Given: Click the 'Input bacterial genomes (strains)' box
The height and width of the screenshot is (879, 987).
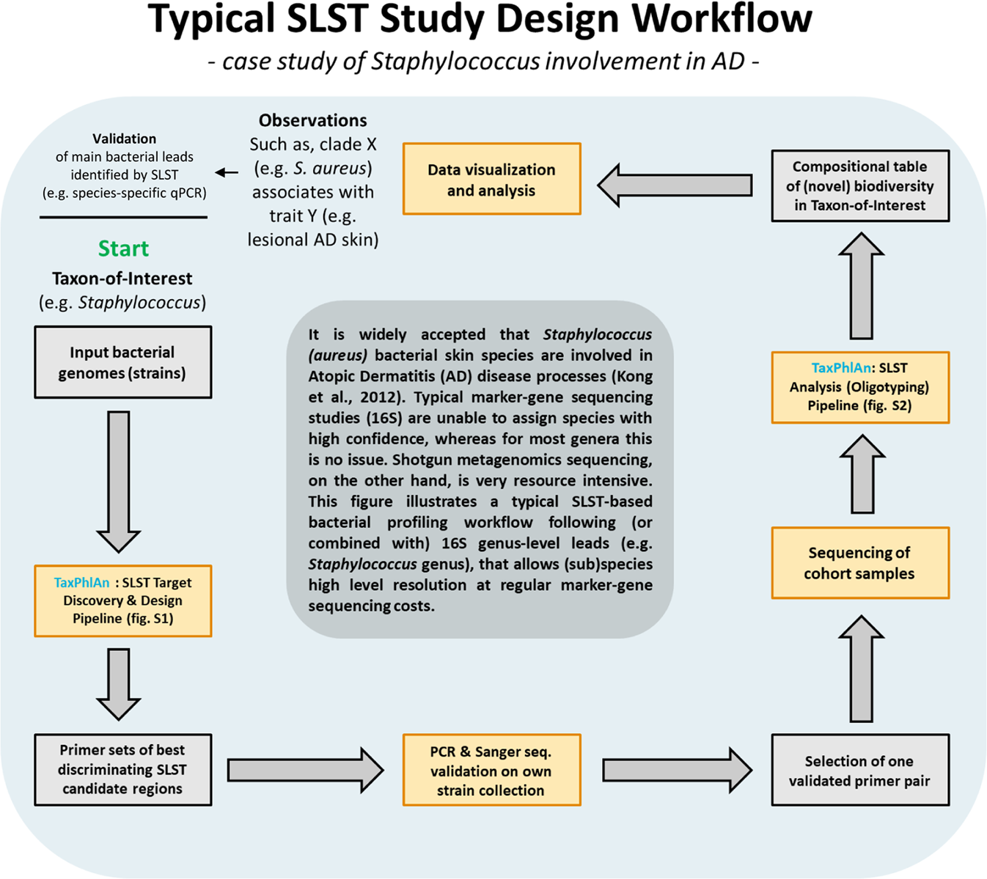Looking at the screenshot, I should coord(123,362).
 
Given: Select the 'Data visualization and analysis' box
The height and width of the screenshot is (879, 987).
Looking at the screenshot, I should coord(491,179).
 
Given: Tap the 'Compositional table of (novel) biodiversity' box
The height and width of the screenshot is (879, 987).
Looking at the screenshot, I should coord(860,185).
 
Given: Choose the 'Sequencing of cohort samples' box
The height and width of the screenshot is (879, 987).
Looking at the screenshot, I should coord(860,562).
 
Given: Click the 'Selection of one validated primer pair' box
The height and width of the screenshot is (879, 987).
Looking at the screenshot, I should coord(860,770).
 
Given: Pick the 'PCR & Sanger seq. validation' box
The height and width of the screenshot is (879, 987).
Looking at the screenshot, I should coord(491,770).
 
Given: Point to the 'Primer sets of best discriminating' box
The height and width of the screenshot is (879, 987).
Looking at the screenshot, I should coord(123,770).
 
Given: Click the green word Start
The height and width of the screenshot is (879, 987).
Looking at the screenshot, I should coord(123,249).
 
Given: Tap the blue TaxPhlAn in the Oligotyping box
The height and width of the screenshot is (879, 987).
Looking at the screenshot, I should coord(840,368).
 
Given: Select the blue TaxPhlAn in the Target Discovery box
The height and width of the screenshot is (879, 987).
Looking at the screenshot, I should coord(81,583).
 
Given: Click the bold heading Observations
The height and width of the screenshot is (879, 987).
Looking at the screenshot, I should coord(313,120).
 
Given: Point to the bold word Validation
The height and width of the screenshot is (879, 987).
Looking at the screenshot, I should coord(124,139).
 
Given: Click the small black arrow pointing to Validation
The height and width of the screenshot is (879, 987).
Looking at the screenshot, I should coord(227,173).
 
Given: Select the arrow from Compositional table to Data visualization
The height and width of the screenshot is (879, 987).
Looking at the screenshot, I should coord(675,185).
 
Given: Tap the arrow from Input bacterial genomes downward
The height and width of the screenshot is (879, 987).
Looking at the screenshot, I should coord(118,480).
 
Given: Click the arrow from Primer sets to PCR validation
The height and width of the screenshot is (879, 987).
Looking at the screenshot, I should coord(305,770).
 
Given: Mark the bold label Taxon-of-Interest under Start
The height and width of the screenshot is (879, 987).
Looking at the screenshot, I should coord(122,279).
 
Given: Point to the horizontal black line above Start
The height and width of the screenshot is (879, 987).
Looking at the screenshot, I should coord(123,217).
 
